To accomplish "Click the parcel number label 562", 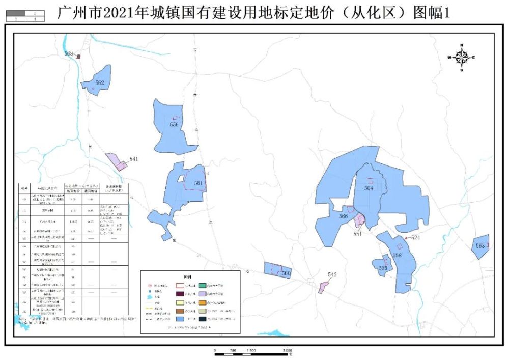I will [x=100, y=82].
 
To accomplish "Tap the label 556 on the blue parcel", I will [x=174, y=124].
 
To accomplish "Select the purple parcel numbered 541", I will [x=116, y=161].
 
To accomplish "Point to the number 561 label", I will [x=199, y=183].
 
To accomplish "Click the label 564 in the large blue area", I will [x=369, y=188].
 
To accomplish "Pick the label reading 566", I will [x=343, y=216].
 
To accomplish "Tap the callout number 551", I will [x=357, y=234].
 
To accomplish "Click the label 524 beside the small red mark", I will [x=415, y=237].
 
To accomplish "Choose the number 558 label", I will [x=397, y=256].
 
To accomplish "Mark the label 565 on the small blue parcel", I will [x=383, y=268].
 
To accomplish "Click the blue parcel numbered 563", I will [x=480, y=245].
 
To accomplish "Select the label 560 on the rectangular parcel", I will [x=286, y=274].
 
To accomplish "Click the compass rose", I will [x=461, y=58].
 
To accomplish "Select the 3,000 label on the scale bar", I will [x=287, y=351].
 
